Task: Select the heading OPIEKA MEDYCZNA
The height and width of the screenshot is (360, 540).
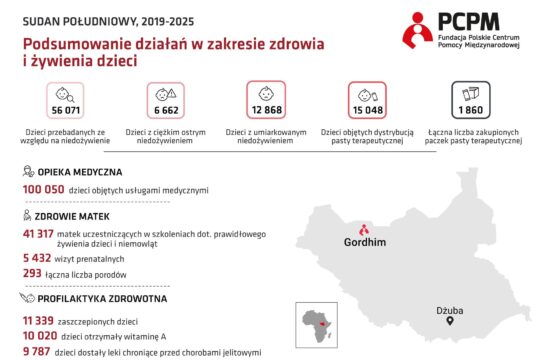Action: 80,172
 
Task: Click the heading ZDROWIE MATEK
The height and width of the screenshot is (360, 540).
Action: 73,216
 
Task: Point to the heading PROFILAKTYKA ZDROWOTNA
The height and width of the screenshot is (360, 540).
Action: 96,298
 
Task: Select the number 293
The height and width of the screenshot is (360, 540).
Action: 31,273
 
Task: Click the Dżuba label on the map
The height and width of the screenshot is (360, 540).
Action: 451,310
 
